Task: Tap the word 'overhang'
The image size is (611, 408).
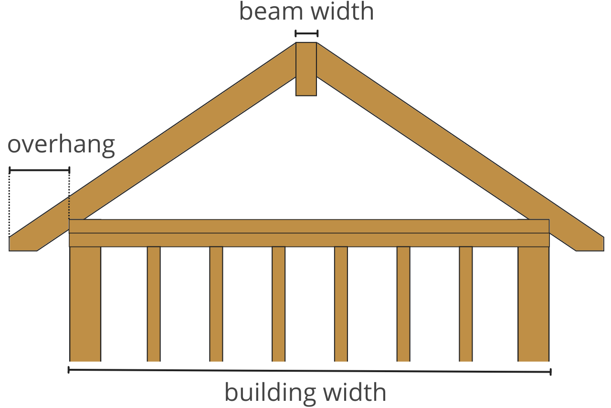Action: pyautogui.click(x=61, y=144)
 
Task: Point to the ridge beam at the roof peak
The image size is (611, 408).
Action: pyautogui.click(x=306, y=69)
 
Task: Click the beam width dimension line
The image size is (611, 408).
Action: pyautogui.click(x=306, y=33)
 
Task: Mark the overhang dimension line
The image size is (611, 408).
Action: pyautogui.click(x=39, y=170)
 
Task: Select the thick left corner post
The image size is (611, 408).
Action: pyautogui.click(x=85, y=303)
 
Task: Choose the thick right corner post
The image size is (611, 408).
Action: pyautogui.click(x=533, y=303)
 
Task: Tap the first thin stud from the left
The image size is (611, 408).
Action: pyautogui.click(x=154, y=303)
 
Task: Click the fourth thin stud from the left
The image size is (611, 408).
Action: pyautogui.click(x=341, y=303)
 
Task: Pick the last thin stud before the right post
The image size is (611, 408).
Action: pyautogui.click(x=466, y=303)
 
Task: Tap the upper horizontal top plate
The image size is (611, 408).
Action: pyautogui.click(x=309, y=226)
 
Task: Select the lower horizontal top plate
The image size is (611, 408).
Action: pyautogui.click(x=309, y=240)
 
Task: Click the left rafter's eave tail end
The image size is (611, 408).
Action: pyautogui.click(x=23, y=243)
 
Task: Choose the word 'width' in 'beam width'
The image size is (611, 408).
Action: pyautogui.click(x=341, y=11)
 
